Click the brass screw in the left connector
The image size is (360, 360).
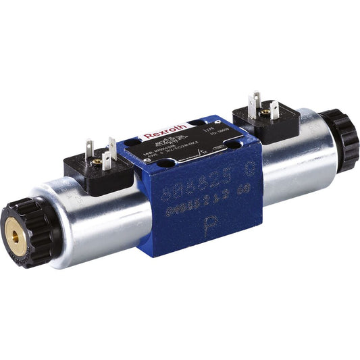tap(97, 161)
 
